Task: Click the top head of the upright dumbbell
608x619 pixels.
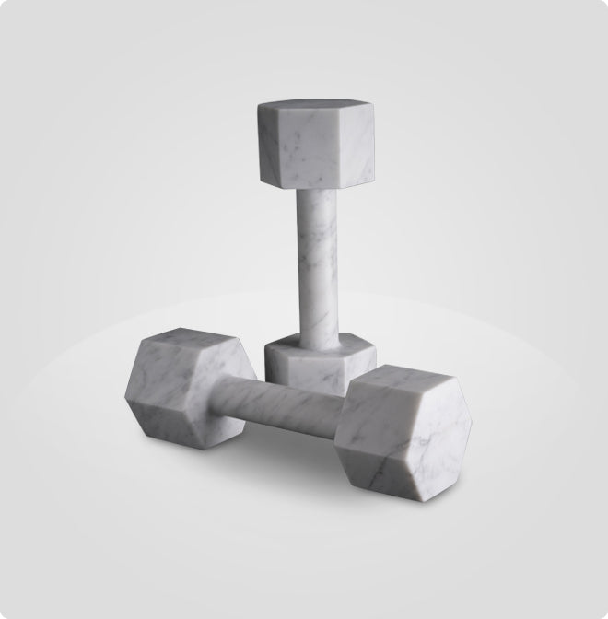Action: [x=315, y=143]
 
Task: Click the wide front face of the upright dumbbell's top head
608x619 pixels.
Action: [x=308, y=147]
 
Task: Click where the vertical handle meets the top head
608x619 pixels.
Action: [x=316, y=190]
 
